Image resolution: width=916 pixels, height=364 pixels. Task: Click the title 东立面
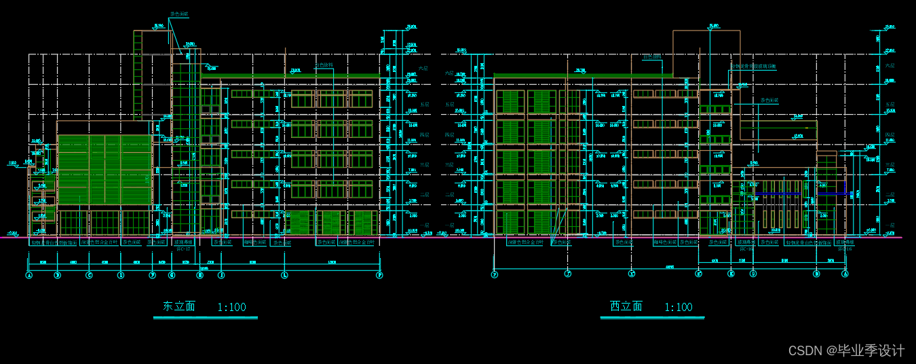click(x=179, y=306)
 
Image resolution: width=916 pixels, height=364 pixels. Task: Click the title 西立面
click(x=626, y=306)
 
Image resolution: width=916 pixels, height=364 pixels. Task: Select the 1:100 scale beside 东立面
click(x=231, y=307)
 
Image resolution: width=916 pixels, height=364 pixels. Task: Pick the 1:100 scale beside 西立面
click(x=679, y=307)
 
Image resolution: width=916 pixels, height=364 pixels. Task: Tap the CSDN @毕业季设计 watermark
click(x=846, y=350)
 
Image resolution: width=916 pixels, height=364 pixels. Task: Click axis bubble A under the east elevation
click(x=29, y=275)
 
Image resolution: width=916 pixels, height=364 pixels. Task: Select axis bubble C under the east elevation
click(x=89, y=275)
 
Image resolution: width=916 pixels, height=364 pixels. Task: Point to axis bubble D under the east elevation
click(x=121, y=275)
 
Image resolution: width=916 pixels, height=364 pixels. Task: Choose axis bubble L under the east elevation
click(x=285, y=275)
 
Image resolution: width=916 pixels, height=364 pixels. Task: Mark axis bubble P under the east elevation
click(x=380, y=275)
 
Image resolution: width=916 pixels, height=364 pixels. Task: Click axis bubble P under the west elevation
click(x=495, y=274)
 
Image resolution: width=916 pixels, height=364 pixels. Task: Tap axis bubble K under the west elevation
click(x=731, y=274)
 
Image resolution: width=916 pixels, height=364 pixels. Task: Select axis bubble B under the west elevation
click(x=816, y=274)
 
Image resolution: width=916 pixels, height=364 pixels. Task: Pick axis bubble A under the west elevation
click(x=845, y=274)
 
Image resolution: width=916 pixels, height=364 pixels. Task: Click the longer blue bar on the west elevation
click(x=780, y=194)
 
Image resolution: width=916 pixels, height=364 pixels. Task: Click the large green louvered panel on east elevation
click(x=104, y=169)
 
